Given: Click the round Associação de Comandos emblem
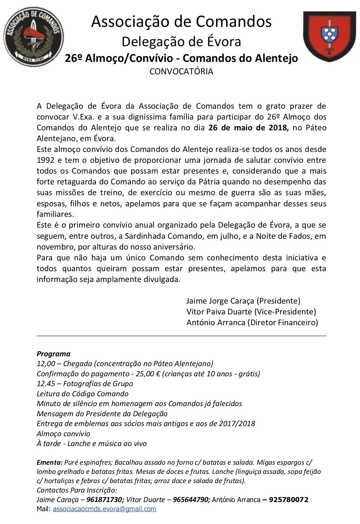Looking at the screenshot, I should click(34, 36).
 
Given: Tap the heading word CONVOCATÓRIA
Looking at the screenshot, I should click(181, 71).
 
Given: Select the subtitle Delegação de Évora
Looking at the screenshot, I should click(181, 42).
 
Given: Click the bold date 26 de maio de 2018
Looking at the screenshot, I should click(248, 128).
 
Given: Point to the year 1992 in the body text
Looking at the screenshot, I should click(45, 160).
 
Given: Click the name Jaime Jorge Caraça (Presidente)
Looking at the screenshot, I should click(243, 301).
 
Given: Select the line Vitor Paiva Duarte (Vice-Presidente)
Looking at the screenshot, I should click(251, 311).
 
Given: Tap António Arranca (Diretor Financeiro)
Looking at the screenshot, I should click(252, 322).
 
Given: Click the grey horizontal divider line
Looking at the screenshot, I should click(181, 336).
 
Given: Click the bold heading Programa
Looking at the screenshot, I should click(53, 354).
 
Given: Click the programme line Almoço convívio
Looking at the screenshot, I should click(63, 434).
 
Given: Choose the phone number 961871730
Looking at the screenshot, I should click(105, 500).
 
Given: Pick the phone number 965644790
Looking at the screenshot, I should click(191, 500).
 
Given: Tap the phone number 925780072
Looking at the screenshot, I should click(288, 500).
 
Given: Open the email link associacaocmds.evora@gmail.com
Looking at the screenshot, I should click(104, 509).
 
